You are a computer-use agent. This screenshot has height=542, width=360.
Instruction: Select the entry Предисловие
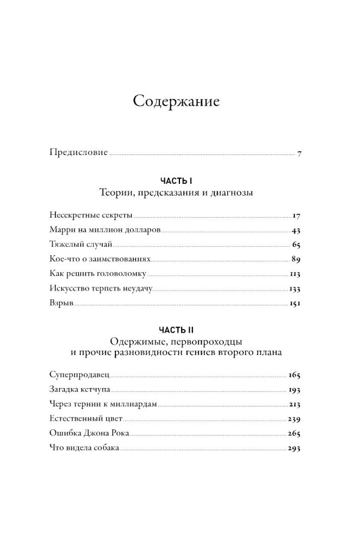click(x=78, y=153)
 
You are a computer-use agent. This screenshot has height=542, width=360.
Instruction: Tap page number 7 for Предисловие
click(x=299, y=153)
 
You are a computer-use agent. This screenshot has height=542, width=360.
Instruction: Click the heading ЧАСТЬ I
click(x=176, y=180)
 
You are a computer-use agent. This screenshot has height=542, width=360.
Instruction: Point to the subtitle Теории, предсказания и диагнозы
click(x=176, y=192)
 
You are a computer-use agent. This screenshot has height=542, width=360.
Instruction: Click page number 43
click(x=295, y=229)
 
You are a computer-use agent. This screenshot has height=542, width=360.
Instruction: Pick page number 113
click(x=295, y=274)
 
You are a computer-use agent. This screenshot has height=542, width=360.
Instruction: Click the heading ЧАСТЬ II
click(x=176, y=330)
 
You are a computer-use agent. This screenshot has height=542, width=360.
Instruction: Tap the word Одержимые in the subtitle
click(x=134, y=341)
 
